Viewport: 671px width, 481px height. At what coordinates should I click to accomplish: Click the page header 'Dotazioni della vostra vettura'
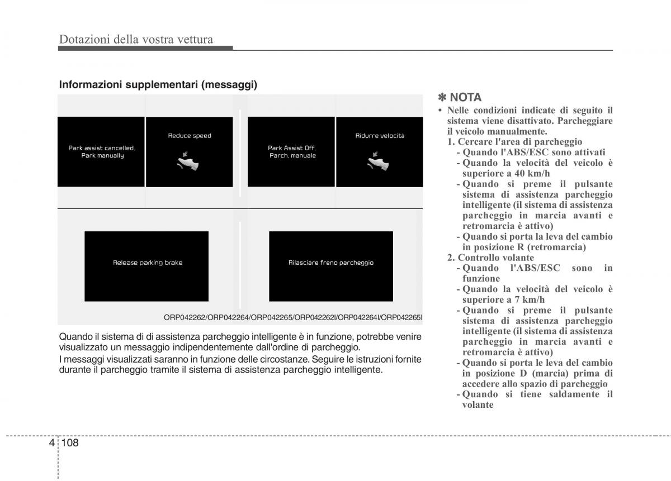(136, 39)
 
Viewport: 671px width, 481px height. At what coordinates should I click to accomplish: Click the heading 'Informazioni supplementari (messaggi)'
(158, 85)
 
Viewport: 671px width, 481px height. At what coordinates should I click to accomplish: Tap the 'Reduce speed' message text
(190, 136)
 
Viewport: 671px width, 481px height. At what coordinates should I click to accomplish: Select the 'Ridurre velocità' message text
(380, 136)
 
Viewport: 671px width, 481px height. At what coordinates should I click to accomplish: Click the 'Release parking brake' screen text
(148, 263)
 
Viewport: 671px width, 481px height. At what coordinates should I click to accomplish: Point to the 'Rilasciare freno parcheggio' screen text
(331, 263)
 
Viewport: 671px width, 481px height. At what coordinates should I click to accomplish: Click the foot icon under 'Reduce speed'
(189, 163)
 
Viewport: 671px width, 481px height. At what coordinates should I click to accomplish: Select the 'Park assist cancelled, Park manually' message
(102, 152)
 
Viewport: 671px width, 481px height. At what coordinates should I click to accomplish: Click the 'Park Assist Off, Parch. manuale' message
(292, 152)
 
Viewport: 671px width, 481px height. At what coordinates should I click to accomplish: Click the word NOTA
(465, 97)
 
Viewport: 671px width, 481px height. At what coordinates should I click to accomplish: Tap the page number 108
(70, 442)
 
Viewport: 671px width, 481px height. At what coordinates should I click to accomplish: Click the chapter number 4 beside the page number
(52, 442)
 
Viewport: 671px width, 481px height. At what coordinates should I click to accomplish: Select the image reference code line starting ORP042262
(293, 317)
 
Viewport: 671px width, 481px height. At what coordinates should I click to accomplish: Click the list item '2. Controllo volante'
(490, 258)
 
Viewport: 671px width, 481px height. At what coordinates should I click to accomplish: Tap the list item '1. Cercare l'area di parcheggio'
(514, 142)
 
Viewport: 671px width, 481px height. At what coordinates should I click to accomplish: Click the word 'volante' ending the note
(478, 405)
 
